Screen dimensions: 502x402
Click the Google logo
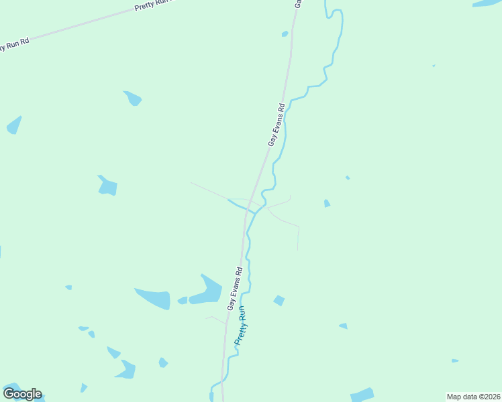pyautogui.click(x=22, y=394)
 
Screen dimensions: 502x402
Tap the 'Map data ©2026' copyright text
pyautogui.click(x=473, y=397)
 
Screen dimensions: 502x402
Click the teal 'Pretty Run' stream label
pyautogui.click(x=242, y=325)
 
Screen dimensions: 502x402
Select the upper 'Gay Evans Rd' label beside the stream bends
pyautogui.click(x=277, y=125)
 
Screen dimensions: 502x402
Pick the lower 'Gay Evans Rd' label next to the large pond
pyautogui.click(x=234, y=289)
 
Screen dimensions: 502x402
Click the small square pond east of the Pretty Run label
pyautogui.click(x=279, y=301)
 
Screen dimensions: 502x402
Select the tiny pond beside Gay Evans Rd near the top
pyautogui.click(x=285, y=33)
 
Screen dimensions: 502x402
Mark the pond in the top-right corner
pyautogui.click(x=487, y=3)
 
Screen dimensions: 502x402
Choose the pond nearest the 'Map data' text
pyautogui.click(x=362, y=395)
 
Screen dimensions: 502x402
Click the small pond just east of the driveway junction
pyautogui.click(x=327, y=203)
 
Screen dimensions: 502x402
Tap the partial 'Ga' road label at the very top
pyautogui.click(x=297, y=3)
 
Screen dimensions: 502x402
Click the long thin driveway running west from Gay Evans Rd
pyautogui.click(x=215, y=192)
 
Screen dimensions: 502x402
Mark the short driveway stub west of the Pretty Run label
pyautogui.click(x=216, y=320)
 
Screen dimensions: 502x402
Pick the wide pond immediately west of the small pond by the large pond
pyautogui.click(x=153, y=297)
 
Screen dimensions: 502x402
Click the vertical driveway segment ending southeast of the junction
pyautogui.click(x=298, y=239)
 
